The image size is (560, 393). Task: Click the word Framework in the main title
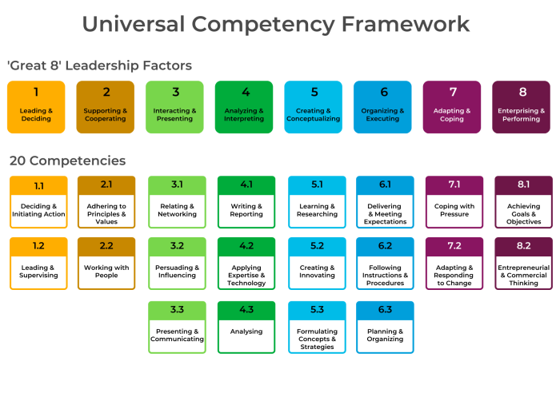pyautogui.click(x=406, y=24)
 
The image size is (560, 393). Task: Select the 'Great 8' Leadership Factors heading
pyautogui.click(x=100, y=65)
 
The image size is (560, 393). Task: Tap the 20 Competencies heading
pyautogui.click(x=67, y=161)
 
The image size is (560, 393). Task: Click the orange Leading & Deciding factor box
pyautogui.click(x=36, y=107)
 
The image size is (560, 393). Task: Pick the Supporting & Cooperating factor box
pyautogui.click(x=106, y=107)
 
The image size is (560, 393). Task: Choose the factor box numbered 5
pyautogui.click(x=314, y=107)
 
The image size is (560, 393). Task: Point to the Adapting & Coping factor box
pyautogui.click(x=452, y=107)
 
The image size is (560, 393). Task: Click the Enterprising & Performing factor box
pyautogui.click(x=521, y=107)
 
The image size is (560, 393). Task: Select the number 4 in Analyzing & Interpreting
pyautogui.click(x=246, y=92)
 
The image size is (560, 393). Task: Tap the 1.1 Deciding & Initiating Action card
pyautogui.click(x=38, y=202)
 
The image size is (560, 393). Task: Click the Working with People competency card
pyautogui.click(x=106, y=263)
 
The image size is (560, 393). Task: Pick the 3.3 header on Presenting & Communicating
pyautogui.click(x=177, y=310)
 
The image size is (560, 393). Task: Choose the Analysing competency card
pyautogui.click(x=246, y=327)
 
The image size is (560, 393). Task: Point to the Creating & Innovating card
pyautogui.click(x=317, y=263)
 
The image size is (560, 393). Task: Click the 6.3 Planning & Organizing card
pyautogui.click(x=385, y=327)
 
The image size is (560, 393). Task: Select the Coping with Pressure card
pyautogui.click(x=454, y=202)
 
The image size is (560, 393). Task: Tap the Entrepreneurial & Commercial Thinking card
pyautogui.click(x=523, y=263)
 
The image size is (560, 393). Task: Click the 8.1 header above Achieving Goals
pyautogui.click(x=523, y=185)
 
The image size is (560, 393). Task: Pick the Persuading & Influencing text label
pyautogui.click(x=177, y=272)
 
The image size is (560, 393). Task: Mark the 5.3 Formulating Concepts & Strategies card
pyautogui.click(x=317, y=327)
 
